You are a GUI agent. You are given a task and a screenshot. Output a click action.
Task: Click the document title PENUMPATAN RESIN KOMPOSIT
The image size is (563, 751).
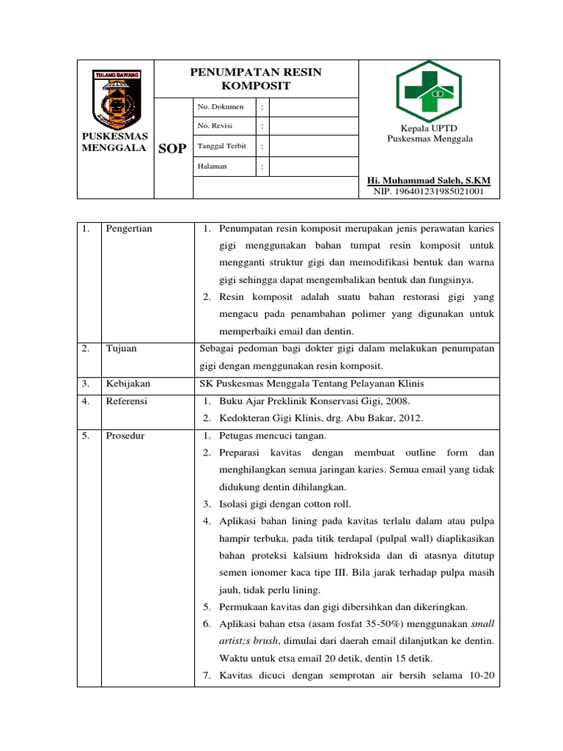click(256, 78)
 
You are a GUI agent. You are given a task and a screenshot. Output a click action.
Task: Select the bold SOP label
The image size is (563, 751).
click(173, 149)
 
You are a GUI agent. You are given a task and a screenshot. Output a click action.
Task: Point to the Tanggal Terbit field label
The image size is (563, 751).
click(221, 146)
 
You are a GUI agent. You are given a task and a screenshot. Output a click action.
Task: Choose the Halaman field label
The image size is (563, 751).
click(213, 166)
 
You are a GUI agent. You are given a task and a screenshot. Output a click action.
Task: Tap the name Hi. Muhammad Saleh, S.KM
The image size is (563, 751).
click(429, 180)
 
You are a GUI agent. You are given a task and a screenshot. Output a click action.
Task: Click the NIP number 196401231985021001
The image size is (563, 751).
click(429, 191)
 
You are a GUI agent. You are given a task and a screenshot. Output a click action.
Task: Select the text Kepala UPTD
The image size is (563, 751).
click(430, 128)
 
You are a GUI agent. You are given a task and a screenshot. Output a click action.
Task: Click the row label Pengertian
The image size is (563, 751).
click(129, 229)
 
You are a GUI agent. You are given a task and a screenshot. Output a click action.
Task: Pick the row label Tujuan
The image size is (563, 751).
click(121, 349)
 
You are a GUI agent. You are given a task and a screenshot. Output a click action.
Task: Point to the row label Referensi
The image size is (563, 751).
click(127, 401)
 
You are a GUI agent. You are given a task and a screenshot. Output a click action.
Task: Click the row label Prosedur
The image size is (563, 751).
click(125, 436)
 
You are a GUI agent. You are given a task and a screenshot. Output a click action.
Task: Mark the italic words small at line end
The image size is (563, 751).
click(482, 624)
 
